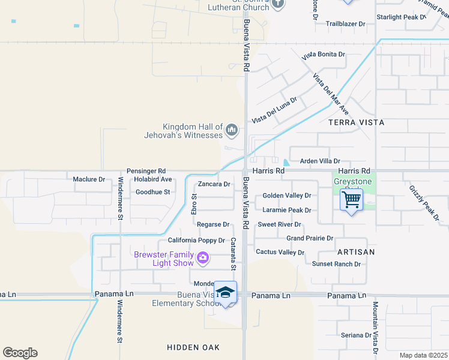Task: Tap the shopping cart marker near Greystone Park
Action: coord(351,199)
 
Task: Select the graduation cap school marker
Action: coord(226,292)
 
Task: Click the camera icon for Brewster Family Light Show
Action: coord(203,258)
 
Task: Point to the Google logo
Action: coord(20,353)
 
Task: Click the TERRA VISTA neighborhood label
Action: coord(356,122)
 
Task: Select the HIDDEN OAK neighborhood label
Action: coord(193,347)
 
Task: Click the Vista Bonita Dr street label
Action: coord(324,55)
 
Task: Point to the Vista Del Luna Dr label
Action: coord(274,110)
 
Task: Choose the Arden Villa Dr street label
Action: coord(320,161)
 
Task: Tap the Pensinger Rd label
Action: coord(146,171)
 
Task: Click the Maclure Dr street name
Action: coord(89,179)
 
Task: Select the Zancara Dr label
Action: coord(214,184)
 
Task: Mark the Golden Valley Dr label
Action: coord(287,196)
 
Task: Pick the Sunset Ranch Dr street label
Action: coord(336,264)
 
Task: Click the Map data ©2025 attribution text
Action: coord(423,355)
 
